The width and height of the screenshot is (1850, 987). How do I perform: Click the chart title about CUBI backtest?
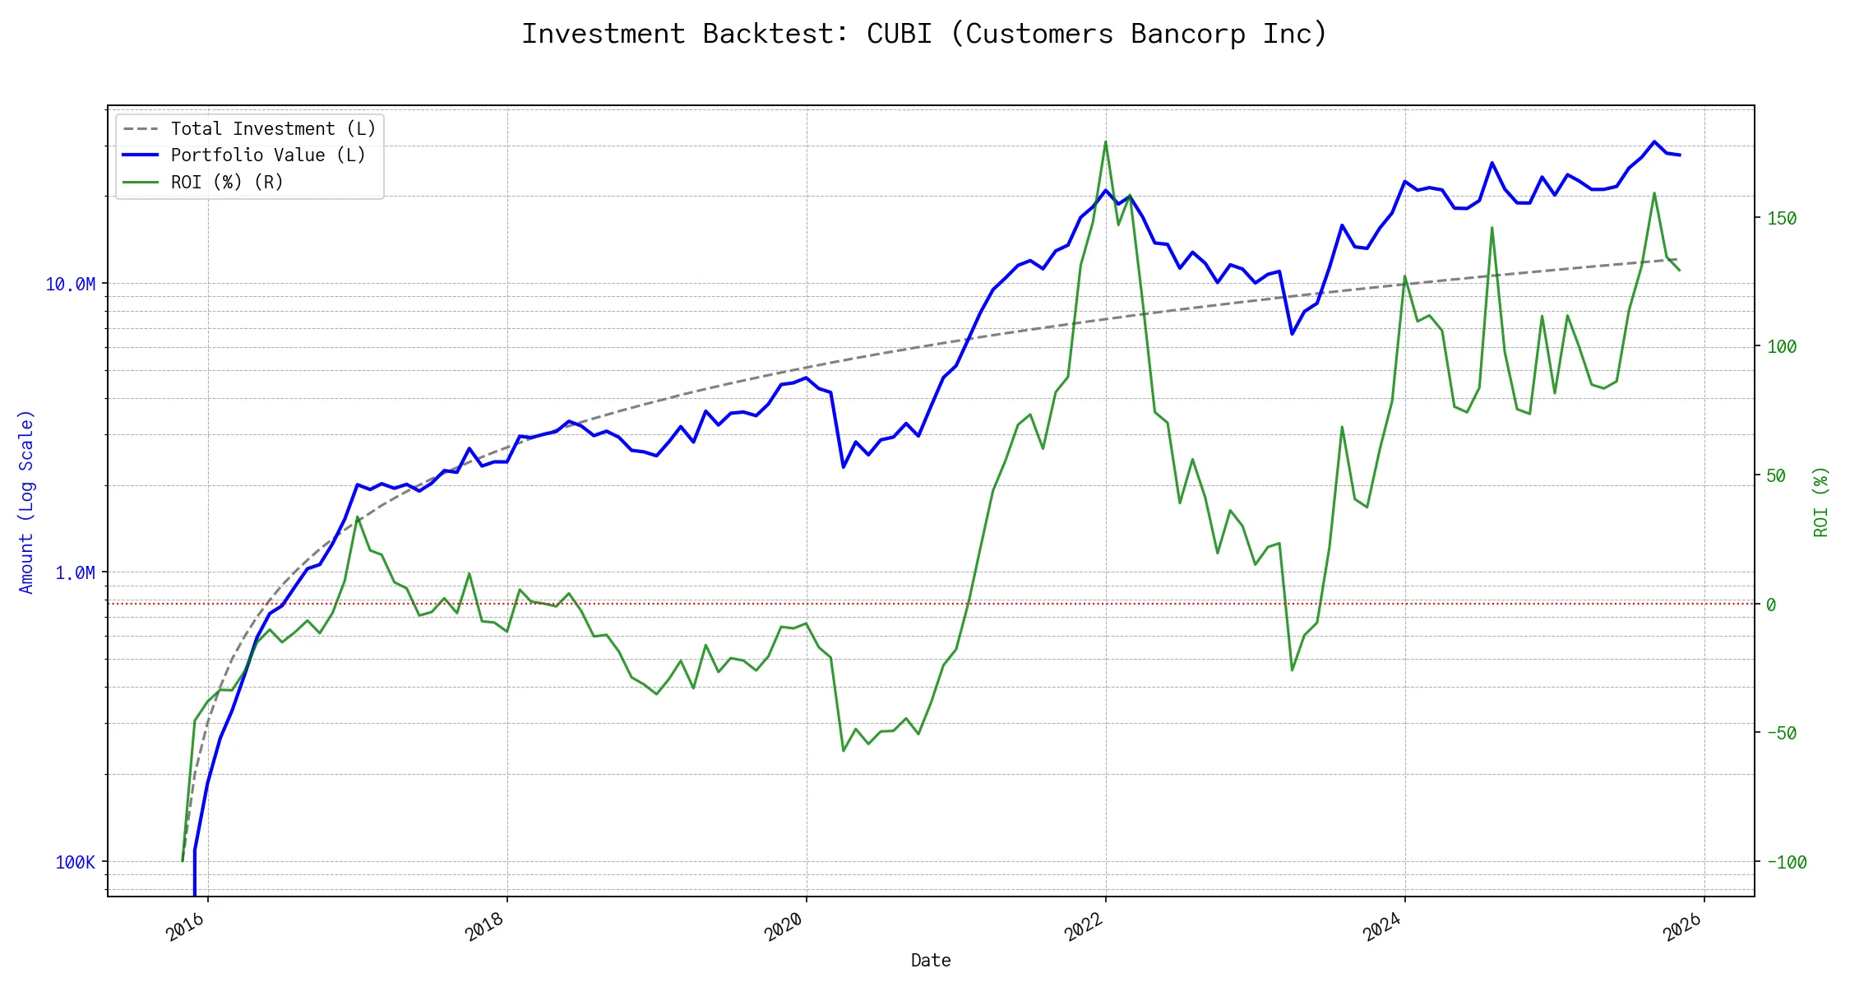point(924,34)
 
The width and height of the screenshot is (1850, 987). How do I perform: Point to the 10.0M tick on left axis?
point(71,285)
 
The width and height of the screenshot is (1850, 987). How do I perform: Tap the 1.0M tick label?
point(76,573)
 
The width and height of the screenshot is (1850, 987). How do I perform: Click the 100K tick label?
point(76,862)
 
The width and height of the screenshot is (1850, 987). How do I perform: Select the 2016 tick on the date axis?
point(185,929)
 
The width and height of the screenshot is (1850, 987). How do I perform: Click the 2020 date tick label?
point(784,929)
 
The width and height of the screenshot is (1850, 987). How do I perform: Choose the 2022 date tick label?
point(1083,929)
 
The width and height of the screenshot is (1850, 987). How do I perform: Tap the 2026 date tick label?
point(1681,929)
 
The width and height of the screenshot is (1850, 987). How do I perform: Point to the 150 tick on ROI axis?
point(1782,219)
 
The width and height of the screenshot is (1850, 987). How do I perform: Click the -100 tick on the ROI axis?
point(1787,862)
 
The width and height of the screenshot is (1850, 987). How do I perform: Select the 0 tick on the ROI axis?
point(1771,605)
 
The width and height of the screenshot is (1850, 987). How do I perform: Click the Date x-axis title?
point(931,961)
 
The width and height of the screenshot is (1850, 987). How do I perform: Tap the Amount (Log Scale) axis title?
point(26,502)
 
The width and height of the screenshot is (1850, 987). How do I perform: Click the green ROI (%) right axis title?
point(1821,502)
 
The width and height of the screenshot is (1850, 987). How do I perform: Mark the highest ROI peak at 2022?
point(1105,141)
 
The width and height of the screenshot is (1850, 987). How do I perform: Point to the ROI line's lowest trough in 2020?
point(844,750)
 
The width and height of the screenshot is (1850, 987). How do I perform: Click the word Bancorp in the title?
point(1188,34)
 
